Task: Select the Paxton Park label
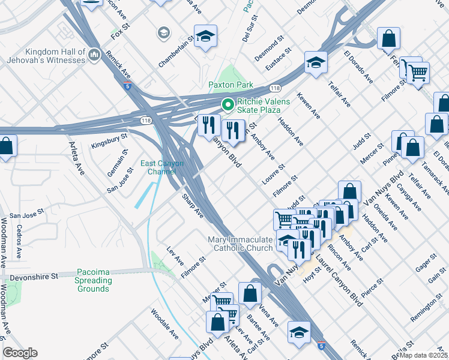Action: (x=231, y=85)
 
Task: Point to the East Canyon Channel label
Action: (x=162, y=167)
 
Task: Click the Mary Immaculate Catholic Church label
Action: (x=240, y=244)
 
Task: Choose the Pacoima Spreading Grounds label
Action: (x=93, y=280)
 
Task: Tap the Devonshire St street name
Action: (x=33, y=277)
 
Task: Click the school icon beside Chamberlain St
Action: (x=205, y=37)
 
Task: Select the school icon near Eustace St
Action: (x=316, y=62)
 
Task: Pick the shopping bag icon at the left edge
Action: (x=6, y=146)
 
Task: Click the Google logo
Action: (x=20, y=352)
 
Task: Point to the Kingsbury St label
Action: (x=109, y=141)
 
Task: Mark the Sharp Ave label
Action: (x=193, y=206)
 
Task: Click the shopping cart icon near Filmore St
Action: (x=417, y=73)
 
